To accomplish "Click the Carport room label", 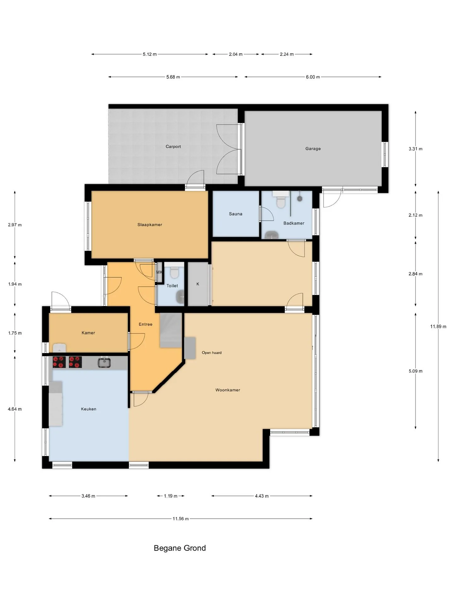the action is (x=173, y=147).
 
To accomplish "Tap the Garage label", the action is (x=313, y=149).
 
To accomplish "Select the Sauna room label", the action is (x=236, y=214).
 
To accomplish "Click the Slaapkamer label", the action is (x=150, y=225).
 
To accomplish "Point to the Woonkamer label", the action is (x=228, y=390).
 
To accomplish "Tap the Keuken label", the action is (x=89, y=409).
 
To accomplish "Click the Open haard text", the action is (x=212, y=353).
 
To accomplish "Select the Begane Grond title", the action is (x=180, y=548).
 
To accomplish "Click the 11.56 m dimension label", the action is (x=180, y=519).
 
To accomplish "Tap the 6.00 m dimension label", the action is (x=313, y=77).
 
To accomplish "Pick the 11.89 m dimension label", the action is (x=438, y=326).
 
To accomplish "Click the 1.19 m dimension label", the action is (x=171, y=496).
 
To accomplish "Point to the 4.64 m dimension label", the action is (x=15, y=409).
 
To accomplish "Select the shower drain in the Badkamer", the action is (x=300, y=199).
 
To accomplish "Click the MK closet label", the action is (x=159, y=272).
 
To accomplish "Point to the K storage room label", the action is (x=198, y=284).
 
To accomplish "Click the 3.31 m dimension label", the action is (x=416, y=149).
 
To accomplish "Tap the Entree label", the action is (x=146, y=324).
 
